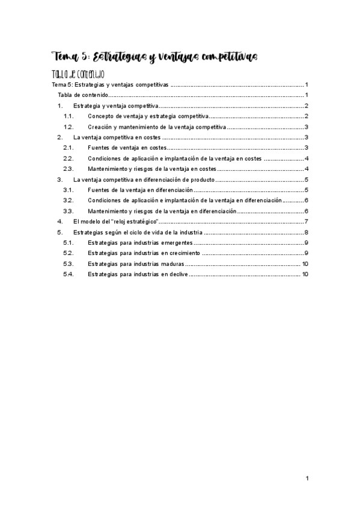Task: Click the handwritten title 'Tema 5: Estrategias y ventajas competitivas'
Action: (x=155, y=57)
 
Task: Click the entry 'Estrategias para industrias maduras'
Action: (x=135, y=264)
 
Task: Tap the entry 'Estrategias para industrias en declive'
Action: (x=138, y=274)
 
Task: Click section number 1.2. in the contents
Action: (x=69, y=127)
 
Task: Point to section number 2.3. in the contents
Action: (x=69, y=169)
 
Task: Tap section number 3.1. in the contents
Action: (x=69, y=190)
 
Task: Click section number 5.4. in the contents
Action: (x=69, y=274)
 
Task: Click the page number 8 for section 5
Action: (x=307, y=232)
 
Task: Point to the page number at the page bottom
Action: (x=307, y=478)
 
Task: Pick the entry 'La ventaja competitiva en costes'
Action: (x=117, y=138)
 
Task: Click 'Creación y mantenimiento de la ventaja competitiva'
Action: (x=156, y=127)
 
